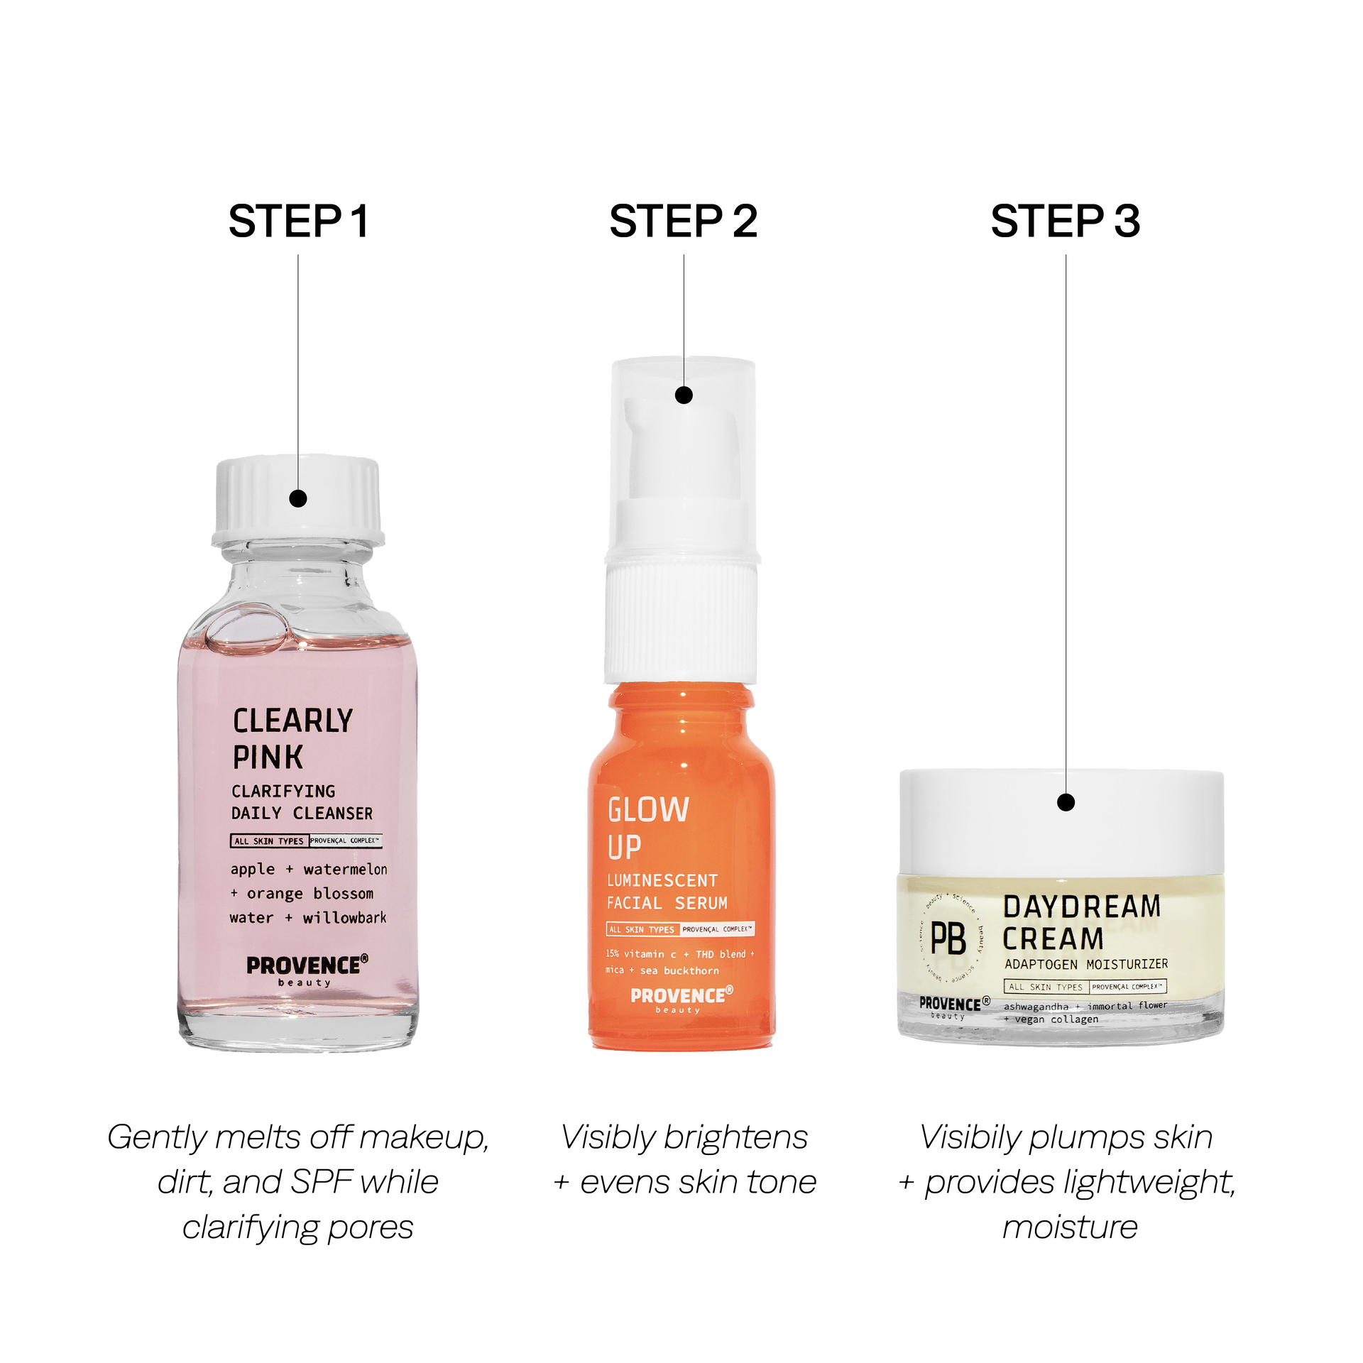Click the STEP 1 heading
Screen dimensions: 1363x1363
coord(298,221)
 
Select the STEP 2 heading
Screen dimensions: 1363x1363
coord(683,221)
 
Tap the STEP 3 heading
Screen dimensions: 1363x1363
coord(1065,221)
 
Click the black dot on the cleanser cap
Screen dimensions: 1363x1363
coord(298,498)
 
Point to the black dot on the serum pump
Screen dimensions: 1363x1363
coord(684,395)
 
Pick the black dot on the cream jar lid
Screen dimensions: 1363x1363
coord(1066,802)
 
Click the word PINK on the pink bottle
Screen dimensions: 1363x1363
coord(268,757)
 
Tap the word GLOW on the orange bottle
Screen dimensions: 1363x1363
coord(648,810)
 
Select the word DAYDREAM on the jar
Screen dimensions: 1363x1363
coord(1082,907)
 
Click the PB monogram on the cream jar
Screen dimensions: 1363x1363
coord(948,938)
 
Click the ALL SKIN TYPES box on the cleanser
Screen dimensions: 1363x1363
coord(269,841)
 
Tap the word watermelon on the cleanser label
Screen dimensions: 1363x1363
coord(346,870)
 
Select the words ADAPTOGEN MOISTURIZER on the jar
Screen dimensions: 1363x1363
coord(1086,964)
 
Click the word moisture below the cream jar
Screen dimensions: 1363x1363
coord(1070,1227)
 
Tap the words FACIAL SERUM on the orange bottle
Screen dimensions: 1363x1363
coord(667,903)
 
